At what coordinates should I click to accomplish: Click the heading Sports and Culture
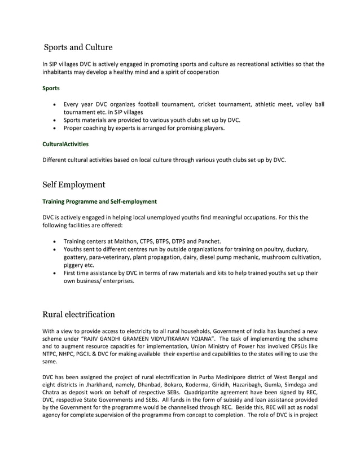click(78, 47)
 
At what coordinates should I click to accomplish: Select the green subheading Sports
click(51, 89)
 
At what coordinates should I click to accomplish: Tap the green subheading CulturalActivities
click(65, 144)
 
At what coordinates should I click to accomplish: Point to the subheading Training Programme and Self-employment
click(100, 201)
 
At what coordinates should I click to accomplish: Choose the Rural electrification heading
click(79, 314)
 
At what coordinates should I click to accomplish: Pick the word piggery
click(74, 265)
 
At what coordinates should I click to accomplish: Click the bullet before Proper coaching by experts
click(54, 128)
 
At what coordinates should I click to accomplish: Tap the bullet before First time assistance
click(54, 272)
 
